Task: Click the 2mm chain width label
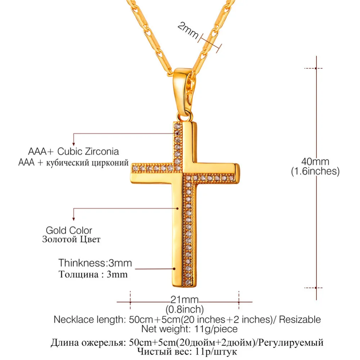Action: [x=188, y=30]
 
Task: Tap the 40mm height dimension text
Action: [x=315, y=161]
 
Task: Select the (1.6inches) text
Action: [x=315, y=171]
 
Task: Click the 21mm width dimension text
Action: [x=184, y=300]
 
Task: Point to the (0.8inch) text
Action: [x=185, y=309]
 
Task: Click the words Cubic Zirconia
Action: [x=88, y=152]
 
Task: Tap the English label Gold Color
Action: [x=69, y=230]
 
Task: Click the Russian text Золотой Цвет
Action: [x=71, y=239]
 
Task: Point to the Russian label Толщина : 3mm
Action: [x=93, y=274]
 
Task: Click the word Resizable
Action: [x=300, y=320]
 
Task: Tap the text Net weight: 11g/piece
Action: [x=189, y=329]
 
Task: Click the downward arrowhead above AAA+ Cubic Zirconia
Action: [x=73, y=144]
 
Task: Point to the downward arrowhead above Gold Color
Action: [x=73, y=219]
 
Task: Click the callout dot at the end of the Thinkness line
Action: [x=174, y=269]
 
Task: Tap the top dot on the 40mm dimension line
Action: [x=316, y=68]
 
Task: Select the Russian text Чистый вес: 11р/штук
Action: [x=187, y=351]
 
